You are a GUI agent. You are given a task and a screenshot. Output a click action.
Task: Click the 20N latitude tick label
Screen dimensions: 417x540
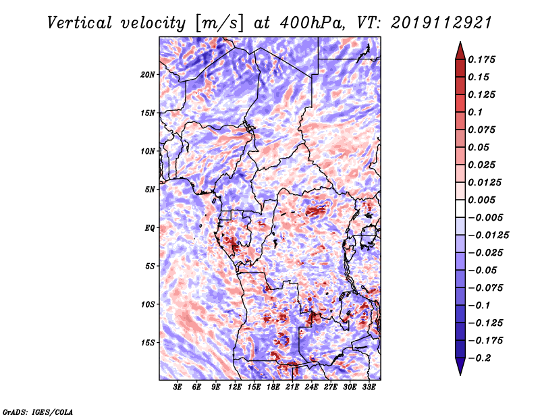click(148, 74)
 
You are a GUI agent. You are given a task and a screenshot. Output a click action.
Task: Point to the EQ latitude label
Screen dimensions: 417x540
click(149, 227)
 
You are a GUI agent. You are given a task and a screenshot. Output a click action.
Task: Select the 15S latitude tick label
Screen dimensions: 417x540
click(148, 342)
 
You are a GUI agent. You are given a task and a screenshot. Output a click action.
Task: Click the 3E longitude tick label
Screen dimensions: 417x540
click(178, 387)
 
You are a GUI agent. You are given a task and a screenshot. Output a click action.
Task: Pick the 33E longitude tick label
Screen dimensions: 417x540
click(369, 387)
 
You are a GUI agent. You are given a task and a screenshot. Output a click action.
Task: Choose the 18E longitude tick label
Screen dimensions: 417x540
click(273, 387)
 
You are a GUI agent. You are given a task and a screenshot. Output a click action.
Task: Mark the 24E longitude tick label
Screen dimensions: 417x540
click(312, 387)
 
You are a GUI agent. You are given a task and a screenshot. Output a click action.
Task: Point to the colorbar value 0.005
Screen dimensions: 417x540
click(483, 200)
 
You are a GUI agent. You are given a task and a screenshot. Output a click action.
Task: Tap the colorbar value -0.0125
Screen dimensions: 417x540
click(491, 235)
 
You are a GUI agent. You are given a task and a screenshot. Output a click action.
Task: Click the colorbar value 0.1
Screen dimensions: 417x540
click(478, 112)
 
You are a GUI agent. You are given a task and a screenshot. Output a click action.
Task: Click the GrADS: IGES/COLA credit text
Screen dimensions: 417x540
click(38, 411)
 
